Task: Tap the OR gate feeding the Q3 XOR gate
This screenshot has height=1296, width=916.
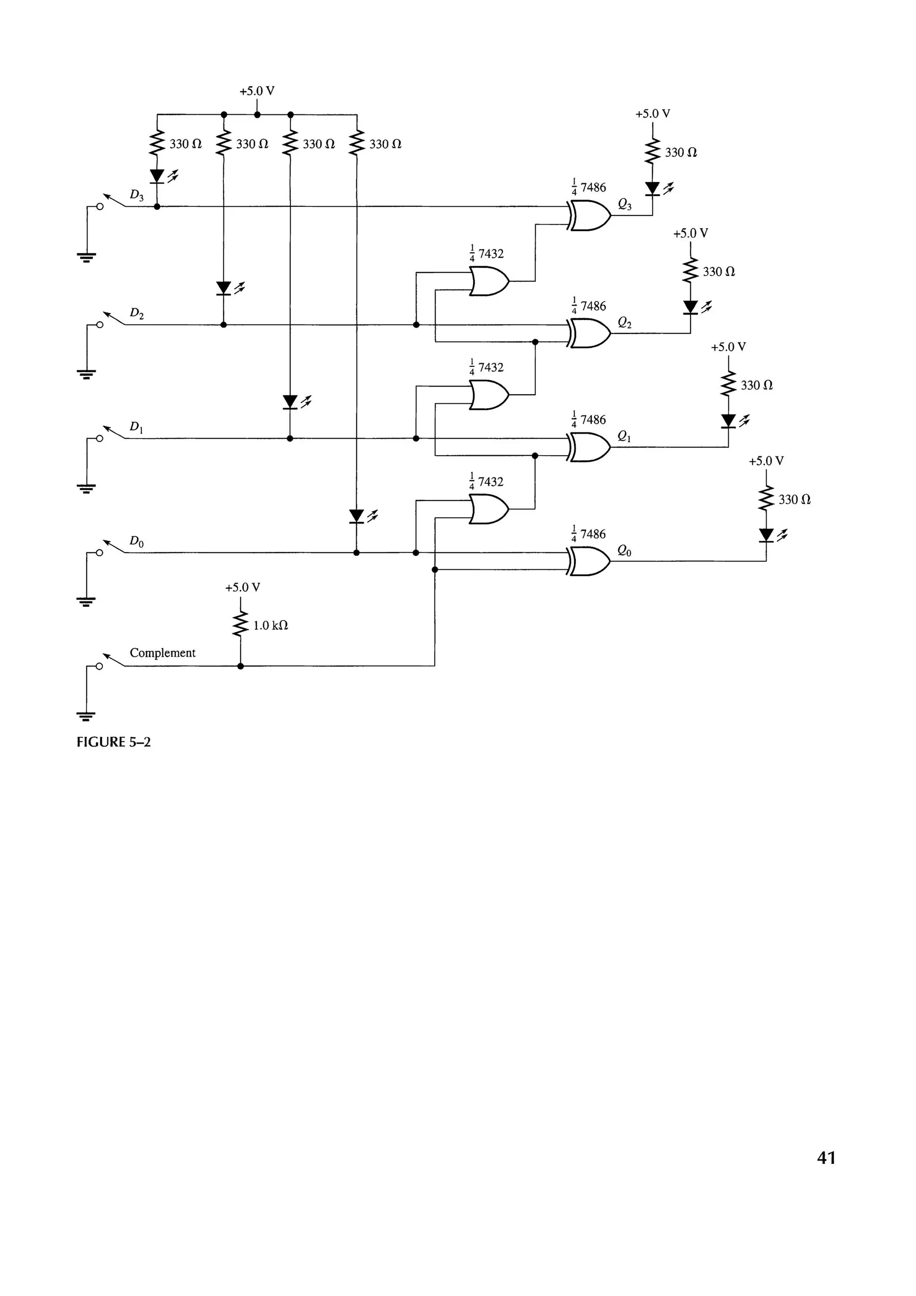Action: click(488, 281)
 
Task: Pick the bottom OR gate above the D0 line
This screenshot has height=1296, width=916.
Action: click(488, 509)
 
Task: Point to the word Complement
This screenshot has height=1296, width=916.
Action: click(162, 652)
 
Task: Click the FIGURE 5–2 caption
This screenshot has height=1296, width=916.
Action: click(113, 742)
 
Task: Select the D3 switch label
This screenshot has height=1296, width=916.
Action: click(136, 195)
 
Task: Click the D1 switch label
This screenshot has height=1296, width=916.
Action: click(136, 427)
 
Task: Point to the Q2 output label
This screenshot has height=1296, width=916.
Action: click(624, 322)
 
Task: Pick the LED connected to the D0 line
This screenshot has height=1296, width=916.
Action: click(356, 516)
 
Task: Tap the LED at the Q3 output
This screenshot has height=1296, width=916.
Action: click(653, 188)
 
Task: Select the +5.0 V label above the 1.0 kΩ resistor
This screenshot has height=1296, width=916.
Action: click(242, 588)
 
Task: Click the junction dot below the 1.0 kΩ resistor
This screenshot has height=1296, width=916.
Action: click(241, 666)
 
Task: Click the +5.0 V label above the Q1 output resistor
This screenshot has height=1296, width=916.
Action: click(728, 347)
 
